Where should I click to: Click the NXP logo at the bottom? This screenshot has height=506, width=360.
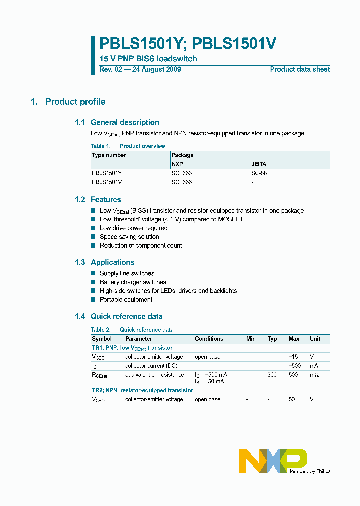(273, 460)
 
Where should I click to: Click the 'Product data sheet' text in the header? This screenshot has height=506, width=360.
(300, 69)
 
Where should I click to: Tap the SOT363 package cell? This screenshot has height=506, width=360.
(182, 173)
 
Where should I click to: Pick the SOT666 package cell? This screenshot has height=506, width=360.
(182, 182)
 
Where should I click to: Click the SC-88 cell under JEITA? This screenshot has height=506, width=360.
(262, 173)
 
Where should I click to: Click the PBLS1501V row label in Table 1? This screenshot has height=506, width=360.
(107, 182)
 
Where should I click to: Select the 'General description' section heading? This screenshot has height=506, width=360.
(125, 122)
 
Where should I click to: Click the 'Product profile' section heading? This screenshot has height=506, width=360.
(75, 102)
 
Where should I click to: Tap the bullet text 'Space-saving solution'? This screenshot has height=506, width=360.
(129, 237)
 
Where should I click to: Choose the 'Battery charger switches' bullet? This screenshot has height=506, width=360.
(133, 282)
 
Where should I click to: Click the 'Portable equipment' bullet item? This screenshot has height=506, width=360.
(126, 300)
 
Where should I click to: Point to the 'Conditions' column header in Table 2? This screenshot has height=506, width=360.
(209, 339)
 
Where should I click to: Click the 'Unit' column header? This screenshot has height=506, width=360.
(315, 339)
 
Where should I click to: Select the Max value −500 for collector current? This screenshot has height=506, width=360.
(294, 366)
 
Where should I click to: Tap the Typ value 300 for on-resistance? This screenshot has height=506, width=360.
(272, 375)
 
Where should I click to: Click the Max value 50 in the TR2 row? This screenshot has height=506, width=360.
(292, 400)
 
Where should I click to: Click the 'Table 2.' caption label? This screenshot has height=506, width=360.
(101, 330)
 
